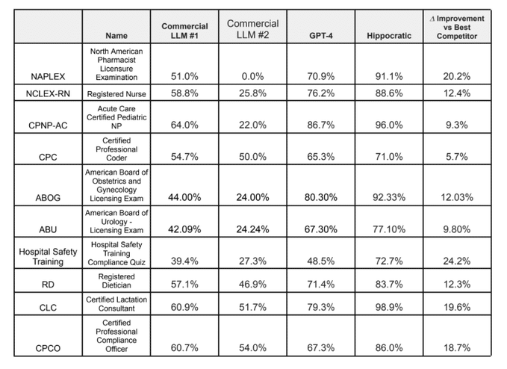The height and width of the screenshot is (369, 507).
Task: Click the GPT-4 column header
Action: [321, 36]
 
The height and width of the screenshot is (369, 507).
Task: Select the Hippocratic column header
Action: [389, 36]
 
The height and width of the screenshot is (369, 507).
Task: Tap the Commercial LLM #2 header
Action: [252, 29]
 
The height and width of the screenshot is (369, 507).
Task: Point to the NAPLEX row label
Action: [48, 77]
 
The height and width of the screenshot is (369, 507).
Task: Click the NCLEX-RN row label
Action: [48, 94]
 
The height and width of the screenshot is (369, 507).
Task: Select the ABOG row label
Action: [48, 198]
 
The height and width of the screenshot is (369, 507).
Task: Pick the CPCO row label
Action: [48, 348]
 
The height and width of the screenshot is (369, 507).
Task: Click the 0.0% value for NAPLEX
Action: [252, 77]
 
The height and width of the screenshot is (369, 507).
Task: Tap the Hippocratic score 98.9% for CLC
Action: [389, 307]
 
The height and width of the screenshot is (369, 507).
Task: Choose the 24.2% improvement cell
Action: [456, 261]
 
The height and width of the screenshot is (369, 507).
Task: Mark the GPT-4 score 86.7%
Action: [321, 125]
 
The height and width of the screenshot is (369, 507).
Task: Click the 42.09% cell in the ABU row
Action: [184, 229]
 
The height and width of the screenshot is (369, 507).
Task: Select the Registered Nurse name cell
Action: [116, 94]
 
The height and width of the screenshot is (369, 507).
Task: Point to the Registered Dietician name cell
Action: [116, 281]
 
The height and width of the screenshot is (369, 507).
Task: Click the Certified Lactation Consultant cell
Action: [116, 304]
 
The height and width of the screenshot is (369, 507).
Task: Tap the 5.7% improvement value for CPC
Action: [456, 157]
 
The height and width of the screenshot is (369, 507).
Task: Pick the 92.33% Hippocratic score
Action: [389, 197]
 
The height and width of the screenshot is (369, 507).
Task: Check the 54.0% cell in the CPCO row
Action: [252, 348]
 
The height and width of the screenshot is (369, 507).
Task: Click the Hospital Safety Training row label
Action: [48, 256]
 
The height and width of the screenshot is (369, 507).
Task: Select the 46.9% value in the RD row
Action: [252, 285]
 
